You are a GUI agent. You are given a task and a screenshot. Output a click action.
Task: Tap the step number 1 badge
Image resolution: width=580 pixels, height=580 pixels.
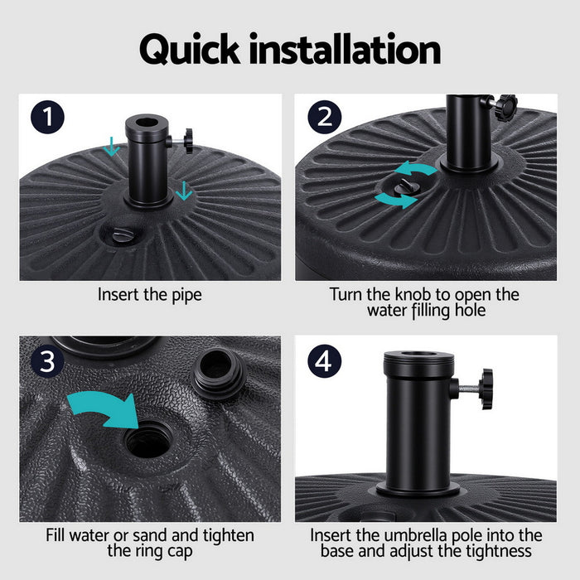click(47, 116)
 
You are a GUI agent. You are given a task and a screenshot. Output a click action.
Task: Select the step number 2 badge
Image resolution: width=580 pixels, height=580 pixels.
click(324, 116)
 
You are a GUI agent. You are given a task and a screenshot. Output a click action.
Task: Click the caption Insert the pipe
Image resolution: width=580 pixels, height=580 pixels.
click(149, 294)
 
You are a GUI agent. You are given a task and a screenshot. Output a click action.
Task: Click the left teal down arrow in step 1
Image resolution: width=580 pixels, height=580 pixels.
click(112, 147)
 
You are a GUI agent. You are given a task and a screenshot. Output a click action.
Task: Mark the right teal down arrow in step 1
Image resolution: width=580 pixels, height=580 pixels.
click(184, 191)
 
